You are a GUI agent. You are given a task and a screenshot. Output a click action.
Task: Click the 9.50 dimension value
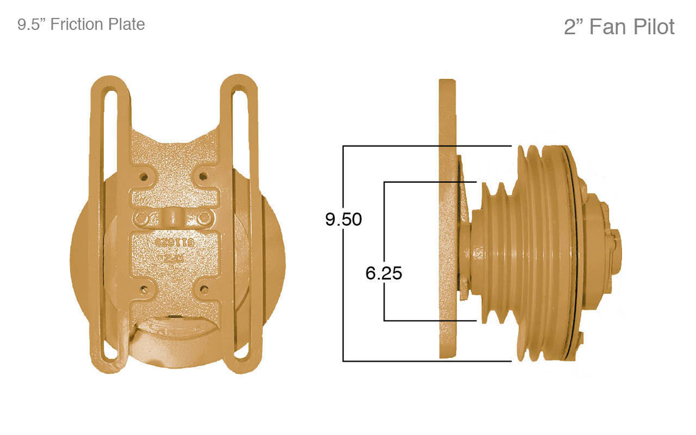click(343, 219)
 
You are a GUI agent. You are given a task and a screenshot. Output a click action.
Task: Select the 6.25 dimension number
click(383, 273)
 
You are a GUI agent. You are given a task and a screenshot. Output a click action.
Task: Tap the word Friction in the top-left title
click(78, 24)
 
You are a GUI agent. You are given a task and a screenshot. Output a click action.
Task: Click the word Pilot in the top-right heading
click(651, 27)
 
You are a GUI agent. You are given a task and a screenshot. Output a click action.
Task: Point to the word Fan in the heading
click(604, 27)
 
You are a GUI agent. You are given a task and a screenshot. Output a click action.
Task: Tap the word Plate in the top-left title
click(126, 24)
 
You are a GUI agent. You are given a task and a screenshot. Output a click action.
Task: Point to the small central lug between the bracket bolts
click(173, 219)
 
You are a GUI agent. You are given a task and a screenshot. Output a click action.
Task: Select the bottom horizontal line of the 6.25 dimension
click(429, 321)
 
